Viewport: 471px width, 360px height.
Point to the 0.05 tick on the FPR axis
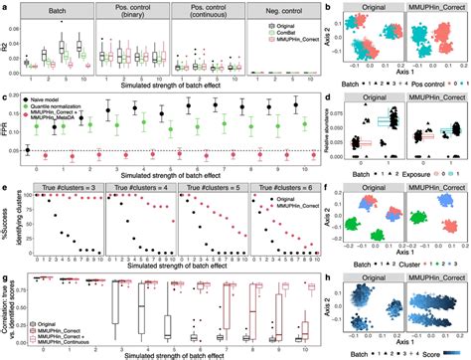click(21, 150)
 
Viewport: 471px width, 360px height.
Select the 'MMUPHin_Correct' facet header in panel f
click(429, 188)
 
